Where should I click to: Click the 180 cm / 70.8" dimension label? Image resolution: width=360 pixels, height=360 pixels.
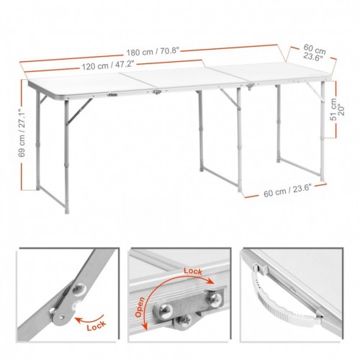coord(153,52)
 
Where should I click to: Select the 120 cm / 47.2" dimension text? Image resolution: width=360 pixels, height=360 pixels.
coord(108,66)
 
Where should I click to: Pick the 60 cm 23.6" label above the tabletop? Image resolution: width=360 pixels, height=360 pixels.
coord(314,53)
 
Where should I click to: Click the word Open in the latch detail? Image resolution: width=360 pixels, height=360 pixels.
coord(140,307)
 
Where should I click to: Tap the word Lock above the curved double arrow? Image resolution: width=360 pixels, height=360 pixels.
coord(193,271)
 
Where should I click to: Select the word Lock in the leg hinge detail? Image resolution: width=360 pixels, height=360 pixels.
coord(96,325)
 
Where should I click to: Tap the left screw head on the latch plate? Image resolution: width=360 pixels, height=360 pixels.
coord(163,310)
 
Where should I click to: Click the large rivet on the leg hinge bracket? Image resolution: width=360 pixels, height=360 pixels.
coord(79,289)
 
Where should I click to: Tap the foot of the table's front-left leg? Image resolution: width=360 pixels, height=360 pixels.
coord(67,211)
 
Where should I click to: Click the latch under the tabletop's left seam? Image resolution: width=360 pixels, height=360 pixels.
coord(157,91)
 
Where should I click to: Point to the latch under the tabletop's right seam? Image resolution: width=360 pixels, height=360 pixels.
coord(251,86)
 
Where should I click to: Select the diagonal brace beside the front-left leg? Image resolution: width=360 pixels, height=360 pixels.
coord(79,112)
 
